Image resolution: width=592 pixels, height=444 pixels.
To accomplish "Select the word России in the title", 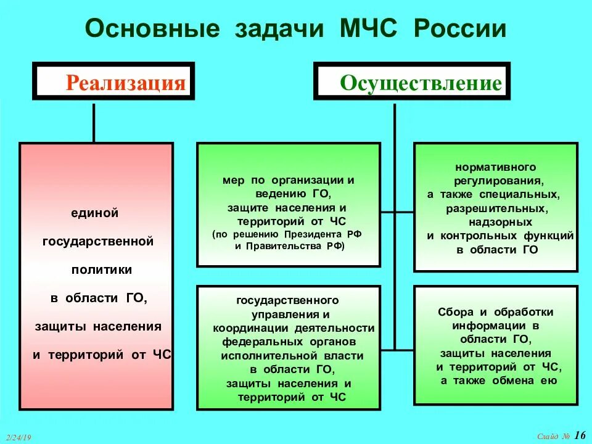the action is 461,29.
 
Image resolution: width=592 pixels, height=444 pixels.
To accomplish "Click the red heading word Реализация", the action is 126,83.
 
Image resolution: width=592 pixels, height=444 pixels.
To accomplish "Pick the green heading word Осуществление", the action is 421,83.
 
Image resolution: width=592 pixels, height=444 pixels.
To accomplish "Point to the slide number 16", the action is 580,435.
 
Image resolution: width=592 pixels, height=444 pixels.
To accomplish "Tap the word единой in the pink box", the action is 94,213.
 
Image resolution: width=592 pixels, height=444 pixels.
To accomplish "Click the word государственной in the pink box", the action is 97,241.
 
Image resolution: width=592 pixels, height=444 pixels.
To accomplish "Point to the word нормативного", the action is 496,167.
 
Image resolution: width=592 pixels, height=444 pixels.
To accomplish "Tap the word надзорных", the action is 496,222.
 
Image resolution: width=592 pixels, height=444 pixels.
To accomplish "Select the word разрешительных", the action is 496,208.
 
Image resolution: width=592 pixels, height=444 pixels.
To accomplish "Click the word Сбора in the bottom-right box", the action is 453,312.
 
